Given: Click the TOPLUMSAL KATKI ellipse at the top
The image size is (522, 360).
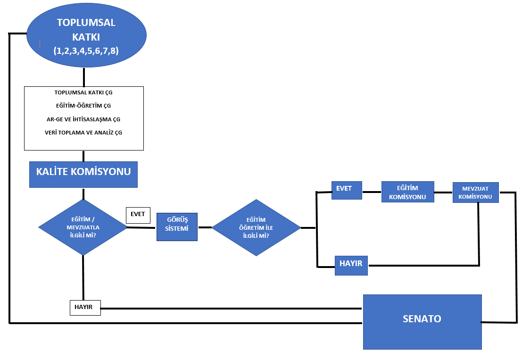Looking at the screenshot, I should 86,35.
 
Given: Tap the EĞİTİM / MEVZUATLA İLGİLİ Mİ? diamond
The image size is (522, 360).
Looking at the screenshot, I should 83,227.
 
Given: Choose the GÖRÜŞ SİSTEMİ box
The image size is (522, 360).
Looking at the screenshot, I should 177,227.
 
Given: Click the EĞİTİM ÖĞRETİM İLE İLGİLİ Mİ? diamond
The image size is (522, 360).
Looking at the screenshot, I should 256,227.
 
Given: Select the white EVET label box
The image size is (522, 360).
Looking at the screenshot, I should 138,215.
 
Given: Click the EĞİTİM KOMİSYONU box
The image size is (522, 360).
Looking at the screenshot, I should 407,192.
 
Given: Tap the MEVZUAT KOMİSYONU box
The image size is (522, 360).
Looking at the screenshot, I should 475,193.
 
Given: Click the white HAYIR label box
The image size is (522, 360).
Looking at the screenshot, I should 85,307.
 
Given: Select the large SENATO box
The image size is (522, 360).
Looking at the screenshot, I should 422,321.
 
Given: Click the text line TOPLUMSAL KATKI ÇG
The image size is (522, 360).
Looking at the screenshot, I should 83,92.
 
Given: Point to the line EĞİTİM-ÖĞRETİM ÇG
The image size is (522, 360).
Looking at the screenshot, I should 83,106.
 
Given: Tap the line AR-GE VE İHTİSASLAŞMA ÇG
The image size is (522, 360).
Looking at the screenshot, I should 83,119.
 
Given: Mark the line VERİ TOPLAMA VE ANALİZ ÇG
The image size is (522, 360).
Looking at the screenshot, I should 83,133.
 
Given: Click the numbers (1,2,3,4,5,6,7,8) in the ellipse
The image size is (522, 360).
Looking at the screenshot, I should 86,51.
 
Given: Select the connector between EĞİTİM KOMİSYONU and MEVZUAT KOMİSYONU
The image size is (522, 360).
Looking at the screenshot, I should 443,193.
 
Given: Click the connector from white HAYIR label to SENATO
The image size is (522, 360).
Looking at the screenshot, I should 231,309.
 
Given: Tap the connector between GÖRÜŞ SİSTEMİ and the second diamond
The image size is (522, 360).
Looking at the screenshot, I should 204,227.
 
